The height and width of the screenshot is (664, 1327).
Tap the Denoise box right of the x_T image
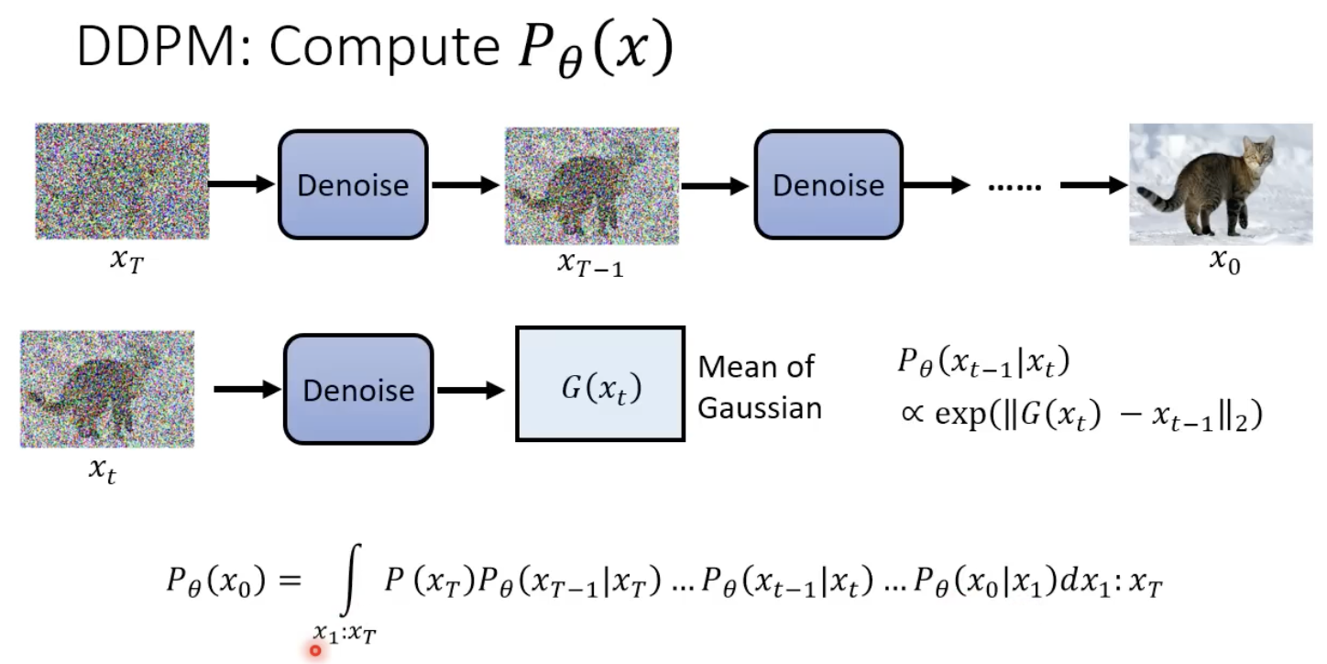[x=353, y=185]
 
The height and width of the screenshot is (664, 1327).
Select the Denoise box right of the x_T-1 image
[x=828, y=185]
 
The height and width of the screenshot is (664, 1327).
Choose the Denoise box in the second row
[x=357, y=391]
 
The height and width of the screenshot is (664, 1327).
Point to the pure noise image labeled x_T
[x=122, y=181]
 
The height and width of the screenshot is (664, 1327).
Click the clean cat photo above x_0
[x=1221, y=184]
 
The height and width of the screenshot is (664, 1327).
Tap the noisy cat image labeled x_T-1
[x=591, y=185]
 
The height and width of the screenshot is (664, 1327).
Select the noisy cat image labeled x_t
[x=107, y=389]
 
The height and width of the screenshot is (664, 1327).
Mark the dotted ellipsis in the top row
[x=1014, y=187]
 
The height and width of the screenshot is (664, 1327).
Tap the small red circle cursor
[x=315, y=650]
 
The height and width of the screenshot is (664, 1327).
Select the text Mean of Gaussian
[x=760, y=388]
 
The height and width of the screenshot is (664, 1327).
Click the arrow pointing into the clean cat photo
[x=1093, y=186]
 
